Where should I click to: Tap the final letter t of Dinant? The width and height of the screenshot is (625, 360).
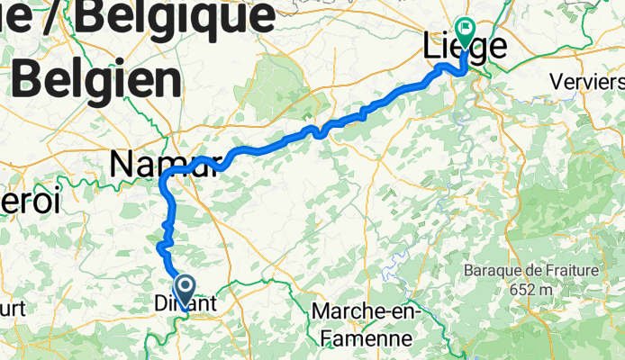tap(213, 304)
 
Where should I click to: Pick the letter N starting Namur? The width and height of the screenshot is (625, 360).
tap(122, 164)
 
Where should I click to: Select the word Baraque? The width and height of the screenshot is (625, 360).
tap(487, 270)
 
